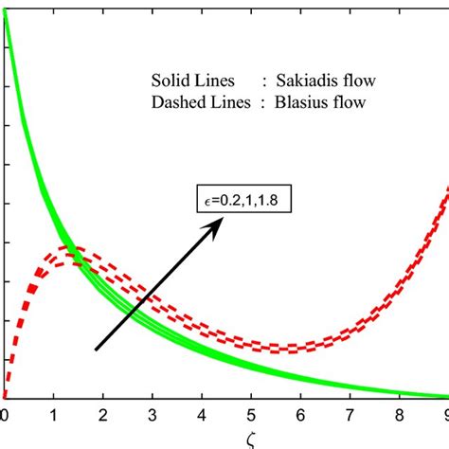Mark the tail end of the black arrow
coord(95,350)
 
